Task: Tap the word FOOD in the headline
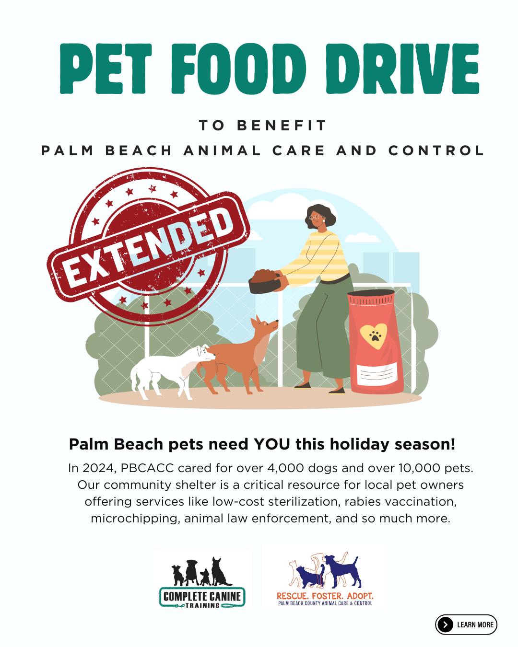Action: click(239, 69)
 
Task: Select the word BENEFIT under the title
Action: click(282, 126)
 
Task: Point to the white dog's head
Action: click(206, 353)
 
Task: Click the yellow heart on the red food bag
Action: click(374, 335)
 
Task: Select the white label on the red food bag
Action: click(377, 375)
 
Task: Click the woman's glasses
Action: click(317, 217)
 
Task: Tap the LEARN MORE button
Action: click(466, 624)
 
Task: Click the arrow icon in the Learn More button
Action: click(446, 625)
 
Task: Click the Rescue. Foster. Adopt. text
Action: click(325, 596)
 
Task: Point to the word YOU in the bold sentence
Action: click(272, 444)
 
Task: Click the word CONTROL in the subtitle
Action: click(436, 150)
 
